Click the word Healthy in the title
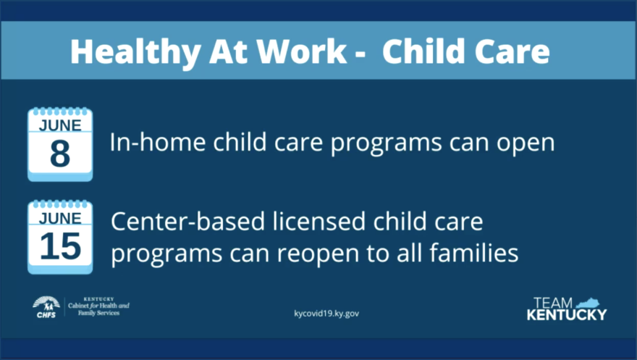[135, 52]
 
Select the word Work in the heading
[302, 51]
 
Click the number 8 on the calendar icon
[60, 154]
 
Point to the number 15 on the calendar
[61, 246]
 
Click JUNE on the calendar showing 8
[60, 125]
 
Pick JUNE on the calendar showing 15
[60, 218]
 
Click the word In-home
[158, 142]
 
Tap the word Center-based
[187, 222]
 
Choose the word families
[473, 253]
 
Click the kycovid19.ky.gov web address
[326, 313]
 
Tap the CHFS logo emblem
[46, 307]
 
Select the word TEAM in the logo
[553, 303]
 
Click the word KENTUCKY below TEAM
[567, 314]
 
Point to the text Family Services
[98, 313]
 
